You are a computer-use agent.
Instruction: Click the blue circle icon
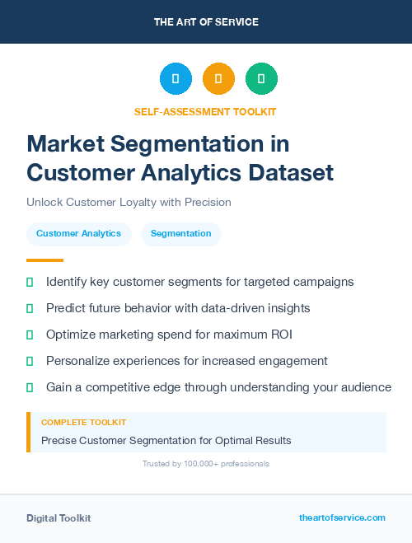176,79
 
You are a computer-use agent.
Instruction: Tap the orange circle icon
218,79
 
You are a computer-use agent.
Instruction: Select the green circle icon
261,79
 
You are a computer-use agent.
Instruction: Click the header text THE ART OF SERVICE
206,22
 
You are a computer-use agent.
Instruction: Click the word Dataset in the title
293,172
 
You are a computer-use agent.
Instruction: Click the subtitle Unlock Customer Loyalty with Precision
129,202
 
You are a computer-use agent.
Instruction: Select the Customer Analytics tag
79,234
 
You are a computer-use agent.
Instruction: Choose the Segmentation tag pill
180,234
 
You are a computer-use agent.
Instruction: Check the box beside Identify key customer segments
30,282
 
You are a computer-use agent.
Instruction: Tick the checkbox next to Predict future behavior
30,308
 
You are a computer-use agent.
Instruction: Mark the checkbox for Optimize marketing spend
30,335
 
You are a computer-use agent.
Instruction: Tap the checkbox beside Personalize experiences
30,361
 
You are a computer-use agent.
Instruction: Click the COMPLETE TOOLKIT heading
83,422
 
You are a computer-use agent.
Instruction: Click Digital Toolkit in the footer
59,518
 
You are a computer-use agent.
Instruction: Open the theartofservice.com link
342,518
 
